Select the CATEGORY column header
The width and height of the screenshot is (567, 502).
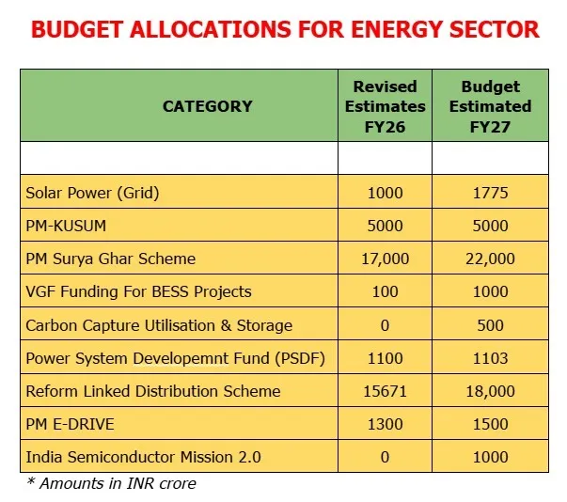(208, 105)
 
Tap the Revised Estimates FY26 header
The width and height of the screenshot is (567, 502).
(385, 106)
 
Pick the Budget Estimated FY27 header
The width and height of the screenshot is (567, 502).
(490, 106)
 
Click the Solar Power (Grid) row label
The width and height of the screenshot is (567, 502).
(92, 194)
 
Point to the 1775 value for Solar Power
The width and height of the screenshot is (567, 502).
(490, 194)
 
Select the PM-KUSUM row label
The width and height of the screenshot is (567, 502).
(70, 226)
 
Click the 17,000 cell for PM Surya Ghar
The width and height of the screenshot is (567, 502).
(386, 259)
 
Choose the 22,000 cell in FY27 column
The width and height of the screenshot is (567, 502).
(490, 259)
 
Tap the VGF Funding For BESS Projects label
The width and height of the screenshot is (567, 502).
(138, 291)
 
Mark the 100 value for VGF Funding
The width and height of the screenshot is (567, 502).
(386, 291)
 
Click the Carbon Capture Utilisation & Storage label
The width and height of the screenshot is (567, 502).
(159, 325)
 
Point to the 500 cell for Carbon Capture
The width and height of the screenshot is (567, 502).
(490, 325)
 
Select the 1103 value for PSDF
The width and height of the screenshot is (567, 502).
(490, 358)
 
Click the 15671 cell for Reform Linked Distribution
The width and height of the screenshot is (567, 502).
(386, 391)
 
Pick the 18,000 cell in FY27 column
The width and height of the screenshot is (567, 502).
(490, 391)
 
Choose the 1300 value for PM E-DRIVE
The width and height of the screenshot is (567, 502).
(386, 424)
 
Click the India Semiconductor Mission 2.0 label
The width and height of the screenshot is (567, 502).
(143, 457)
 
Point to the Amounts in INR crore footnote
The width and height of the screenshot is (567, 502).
(110, 484)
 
